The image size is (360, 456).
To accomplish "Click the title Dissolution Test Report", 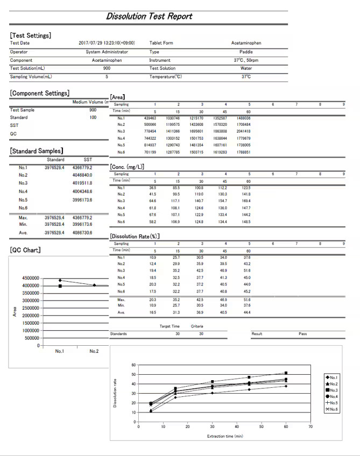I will [x=149, y=16].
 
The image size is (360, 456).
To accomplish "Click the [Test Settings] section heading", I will [x=31, y=35].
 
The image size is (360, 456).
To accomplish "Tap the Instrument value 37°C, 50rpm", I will [x=245, y=60].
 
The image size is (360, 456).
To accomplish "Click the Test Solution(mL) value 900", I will [x=107, y=69].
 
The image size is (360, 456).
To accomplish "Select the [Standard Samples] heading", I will [x=36, y=151].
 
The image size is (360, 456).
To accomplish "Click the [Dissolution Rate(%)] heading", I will [x=135, y=236].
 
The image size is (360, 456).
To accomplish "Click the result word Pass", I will [x=302, y=334].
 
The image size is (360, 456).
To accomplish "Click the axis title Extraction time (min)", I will [x=225, y=436].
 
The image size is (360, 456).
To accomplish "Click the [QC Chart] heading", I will [x=25, y=250].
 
